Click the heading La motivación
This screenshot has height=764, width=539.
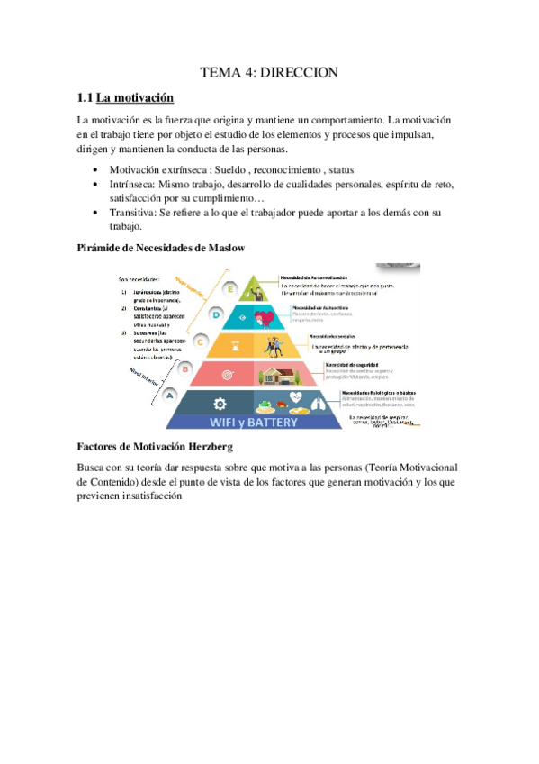pos(135,97)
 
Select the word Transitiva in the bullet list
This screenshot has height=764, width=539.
pos(132,213)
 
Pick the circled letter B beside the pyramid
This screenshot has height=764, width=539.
pos(184,368)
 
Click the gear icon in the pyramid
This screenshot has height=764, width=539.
pos(220,403)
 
